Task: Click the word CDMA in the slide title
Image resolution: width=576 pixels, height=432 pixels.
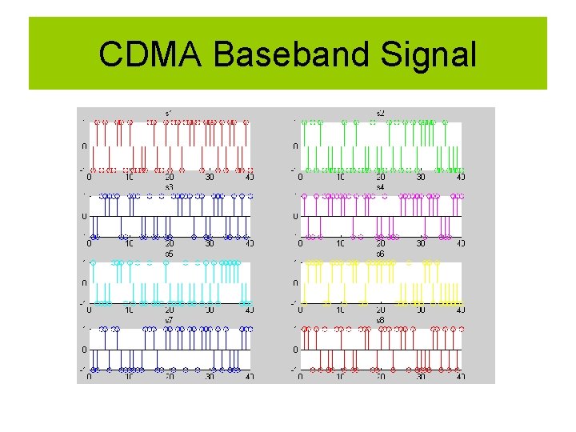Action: [152, 54]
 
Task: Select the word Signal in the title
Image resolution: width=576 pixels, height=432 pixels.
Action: [429, 54]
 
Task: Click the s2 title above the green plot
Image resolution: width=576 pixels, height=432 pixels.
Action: [380, 113]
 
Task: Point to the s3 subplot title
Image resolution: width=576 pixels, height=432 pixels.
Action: [169, 186]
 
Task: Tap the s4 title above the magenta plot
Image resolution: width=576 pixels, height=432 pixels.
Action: [380, 186]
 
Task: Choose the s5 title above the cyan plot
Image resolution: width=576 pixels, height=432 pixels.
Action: [169, 254]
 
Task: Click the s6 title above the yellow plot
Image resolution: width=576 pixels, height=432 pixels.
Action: [380, 254]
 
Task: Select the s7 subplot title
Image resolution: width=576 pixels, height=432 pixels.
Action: [169, 320]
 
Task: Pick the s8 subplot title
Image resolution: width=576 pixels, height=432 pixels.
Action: [380, 320]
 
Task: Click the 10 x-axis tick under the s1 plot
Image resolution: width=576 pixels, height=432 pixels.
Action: [129, 178]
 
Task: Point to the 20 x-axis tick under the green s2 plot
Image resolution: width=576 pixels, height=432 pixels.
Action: [380, 178]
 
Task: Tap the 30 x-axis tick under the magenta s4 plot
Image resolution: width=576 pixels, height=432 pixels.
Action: [421, 244]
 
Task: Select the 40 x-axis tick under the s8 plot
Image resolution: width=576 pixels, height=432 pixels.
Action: [461, 378]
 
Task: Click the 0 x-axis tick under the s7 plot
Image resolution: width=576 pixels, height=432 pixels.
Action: [89, 378]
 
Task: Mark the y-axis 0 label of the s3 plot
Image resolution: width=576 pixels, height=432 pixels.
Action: [85, 216]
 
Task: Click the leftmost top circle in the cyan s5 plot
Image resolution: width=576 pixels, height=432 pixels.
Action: [94, 262]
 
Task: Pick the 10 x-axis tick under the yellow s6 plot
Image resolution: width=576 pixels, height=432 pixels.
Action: [340, 310]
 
